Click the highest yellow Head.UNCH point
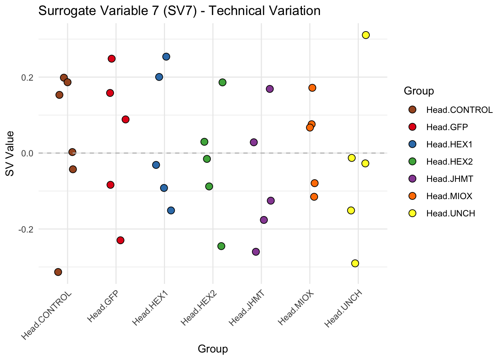[366, 35]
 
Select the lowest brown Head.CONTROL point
[58, 272]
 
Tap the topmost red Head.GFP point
[111, 58]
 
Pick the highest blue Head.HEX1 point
[166, 57]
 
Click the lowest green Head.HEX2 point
[221, 246]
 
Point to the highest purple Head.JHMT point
[270, 89]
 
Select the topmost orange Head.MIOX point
[312, 88]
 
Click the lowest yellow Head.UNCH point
[355, 263]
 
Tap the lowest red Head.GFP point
[120, 240]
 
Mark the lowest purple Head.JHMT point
[256, 252]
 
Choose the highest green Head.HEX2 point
[222, 82]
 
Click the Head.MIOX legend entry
[449, 196]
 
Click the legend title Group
[418, 91]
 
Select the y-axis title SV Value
[10, 153]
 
